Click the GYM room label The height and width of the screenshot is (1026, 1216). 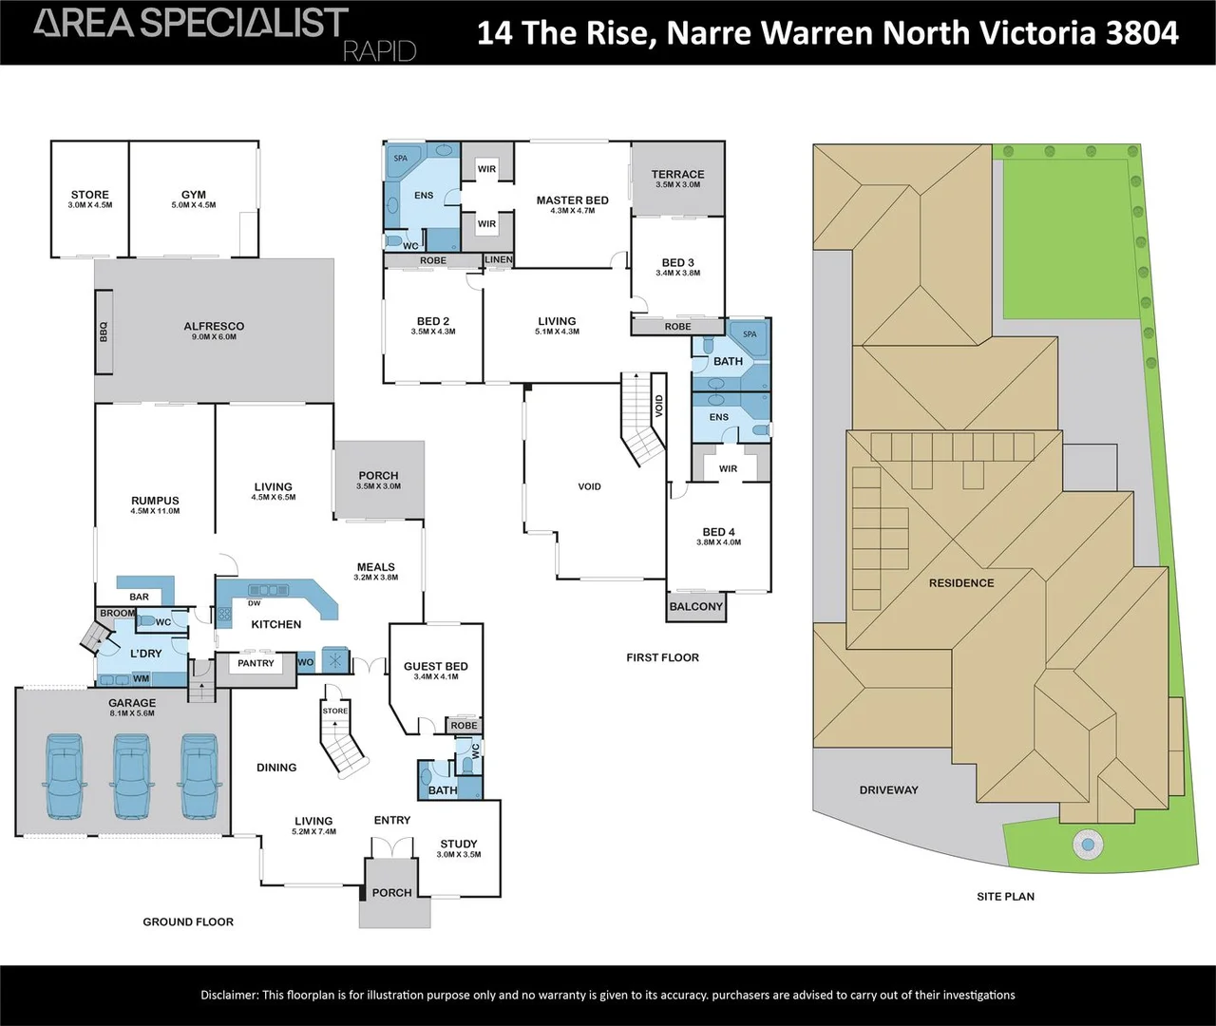194,195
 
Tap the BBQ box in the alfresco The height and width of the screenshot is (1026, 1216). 104,332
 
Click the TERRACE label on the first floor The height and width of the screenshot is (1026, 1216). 678,174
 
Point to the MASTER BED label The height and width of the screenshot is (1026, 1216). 573,200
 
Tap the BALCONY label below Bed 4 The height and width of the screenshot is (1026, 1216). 696,606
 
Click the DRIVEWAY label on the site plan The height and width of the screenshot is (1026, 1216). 888,790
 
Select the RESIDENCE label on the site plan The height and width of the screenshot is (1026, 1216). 961,583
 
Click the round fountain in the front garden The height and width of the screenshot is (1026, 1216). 1088,845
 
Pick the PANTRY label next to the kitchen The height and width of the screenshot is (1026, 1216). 256,663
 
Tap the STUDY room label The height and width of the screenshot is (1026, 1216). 459,844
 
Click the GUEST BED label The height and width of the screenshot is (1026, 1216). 436,666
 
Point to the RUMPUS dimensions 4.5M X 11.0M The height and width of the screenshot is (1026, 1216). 156,511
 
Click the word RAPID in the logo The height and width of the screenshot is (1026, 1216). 380,52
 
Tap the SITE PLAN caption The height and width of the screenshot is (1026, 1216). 1006,897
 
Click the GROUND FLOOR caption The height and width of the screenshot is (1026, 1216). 188,921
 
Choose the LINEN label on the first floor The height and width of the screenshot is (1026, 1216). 499,259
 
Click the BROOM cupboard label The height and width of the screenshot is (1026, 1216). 118,613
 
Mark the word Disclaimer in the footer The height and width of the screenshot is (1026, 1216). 230,996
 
